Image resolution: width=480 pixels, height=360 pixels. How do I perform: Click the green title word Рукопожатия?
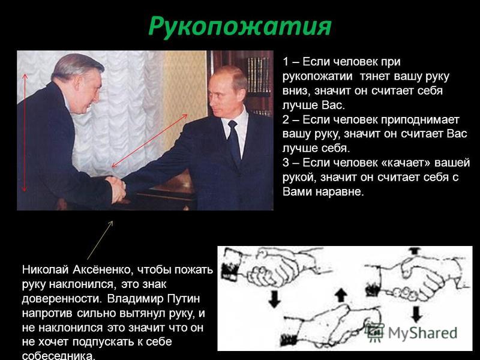click(x=239, y=27)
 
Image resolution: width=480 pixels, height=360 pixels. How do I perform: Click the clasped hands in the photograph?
click(x=115, y=189)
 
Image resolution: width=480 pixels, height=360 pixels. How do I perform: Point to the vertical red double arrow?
click(x=25, y=132)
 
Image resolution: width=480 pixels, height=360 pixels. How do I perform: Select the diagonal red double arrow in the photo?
click(x=149, y=141)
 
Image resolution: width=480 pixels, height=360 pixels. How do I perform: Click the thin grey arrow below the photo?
click(x=100, y=240)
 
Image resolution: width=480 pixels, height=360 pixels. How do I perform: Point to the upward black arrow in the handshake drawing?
click(x=341, y=296)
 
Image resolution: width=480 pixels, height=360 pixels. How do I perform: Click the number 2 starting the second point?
click(x=286, y=119)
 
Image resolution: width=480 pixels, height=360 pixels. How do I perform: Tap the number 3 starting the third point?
click(x=286, y=163)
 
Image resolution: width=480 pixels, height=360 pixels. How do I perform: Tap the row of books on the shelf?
click(x=259, y=76)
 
